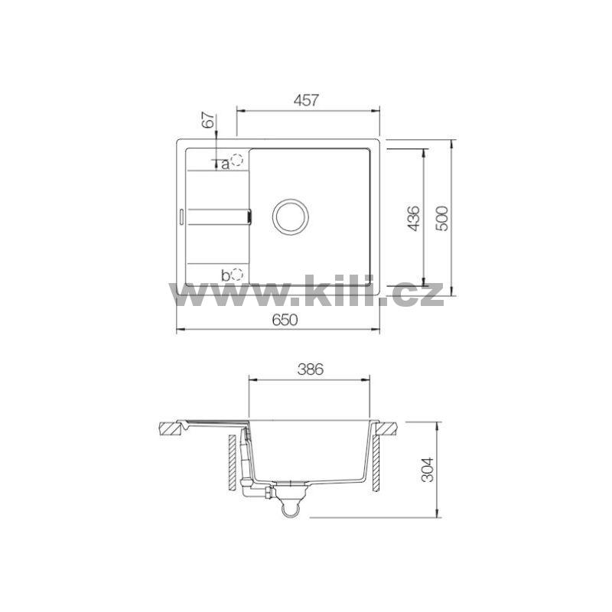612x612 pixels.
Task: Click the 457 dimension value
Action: pyautogui.click(x=307, y=100)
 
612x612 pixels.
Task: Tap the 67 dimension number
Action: pyautogui.click(x=209, y=120)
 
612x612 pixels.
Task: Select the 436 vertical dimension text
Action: pyautogui.click(x=413, y=219)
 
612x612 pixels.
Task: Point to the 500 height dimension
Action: pyautogui.click(x=441, y=219)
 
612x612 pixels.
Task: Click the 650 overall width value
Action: pyautogui.click(x=285, y=320)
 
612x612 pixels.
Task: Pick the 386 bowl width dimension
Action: pyautogui.click(x=311, y=369)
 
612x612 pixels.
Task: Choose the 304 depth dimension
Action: pyautogui.click(x=428, y=470)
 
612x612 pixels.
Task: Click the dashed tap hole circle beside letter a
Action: pyautogui.click(x=237, y=161)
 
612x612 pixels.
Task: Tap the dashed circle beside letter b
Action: pyautogui.click(x=237, y=275)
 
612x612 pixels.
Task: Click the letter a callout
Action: pyautogui.click(x=225, y=164)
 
